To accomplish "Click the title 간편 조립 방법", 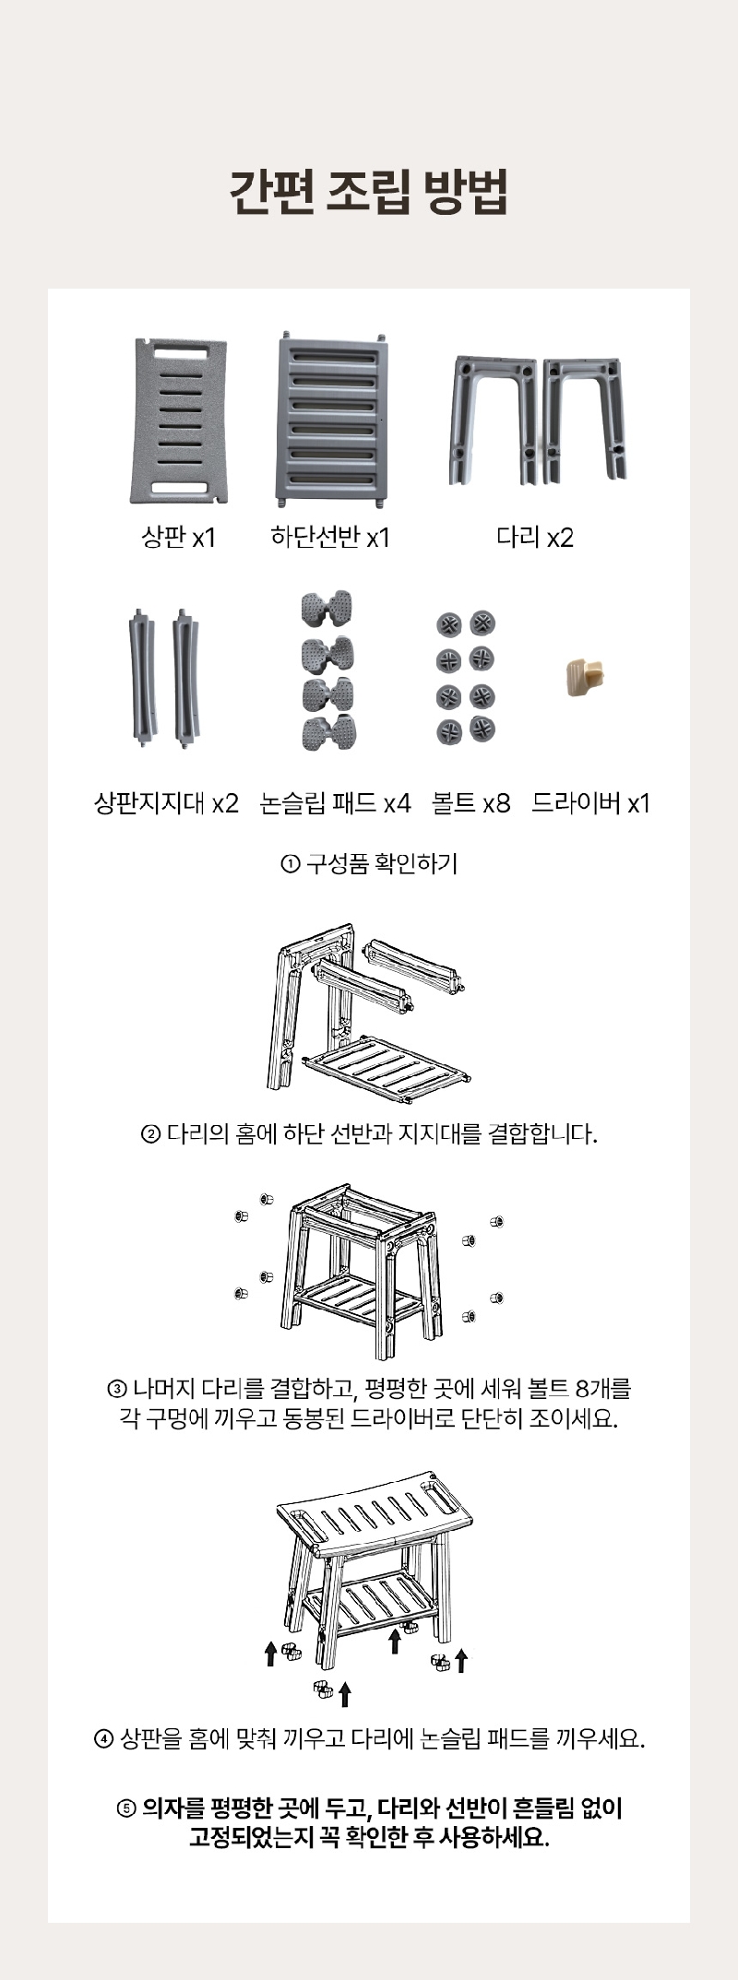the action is pos(368,191).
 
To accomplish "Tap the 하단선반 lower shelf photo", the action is pos(329,420).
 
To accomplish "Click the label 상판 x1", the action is pos(178,537).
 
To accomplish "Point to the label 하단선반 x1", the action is pos(329,537).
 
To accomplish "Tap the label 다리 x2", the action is pos(535,537).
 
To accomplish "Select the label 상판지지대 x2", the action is pos(166,803).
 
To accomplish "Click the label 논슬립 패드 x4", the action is pos(335,803).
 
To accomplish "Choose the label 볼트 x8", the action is pos(470,803).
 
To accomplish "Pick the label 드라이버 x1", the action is pos(590,803).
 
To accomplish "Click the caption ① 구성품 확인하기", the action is pos(369,864).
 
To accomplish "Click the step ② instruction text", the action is pos(369,1133).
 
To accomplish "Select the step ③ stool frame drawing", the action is pos(367,1270).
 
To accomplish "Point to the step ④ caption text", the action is pos(369,1739).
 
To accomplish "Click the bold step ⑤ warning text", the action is pos(369,1823).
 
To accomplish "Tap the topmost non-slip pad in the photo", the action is pos(327,608).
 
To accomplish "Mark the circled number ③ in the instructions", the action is pos(117,1389).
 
